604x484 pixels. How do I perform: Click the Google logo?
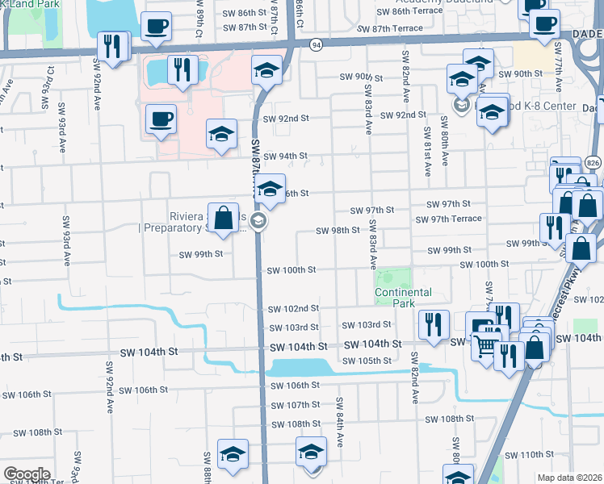click(x=27, y=474)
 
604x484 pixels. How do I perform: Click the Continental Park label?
click(x=403, y=298)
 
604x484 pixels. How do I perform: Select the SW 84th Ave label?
click(x=341, y=414)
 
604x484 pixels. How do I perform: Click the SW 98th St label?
click(x=337, y=230)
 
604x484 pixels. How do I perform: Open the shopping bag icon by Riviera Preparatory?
click(x=225, y=217)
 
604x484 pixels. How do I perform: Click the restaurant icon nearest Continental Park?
click(x=434, y=325)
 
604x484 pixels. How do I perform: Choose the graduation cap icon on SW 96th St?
click(x=271, y=190)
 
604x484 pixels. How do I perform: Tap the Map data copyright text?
click(x=569, y=478)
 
